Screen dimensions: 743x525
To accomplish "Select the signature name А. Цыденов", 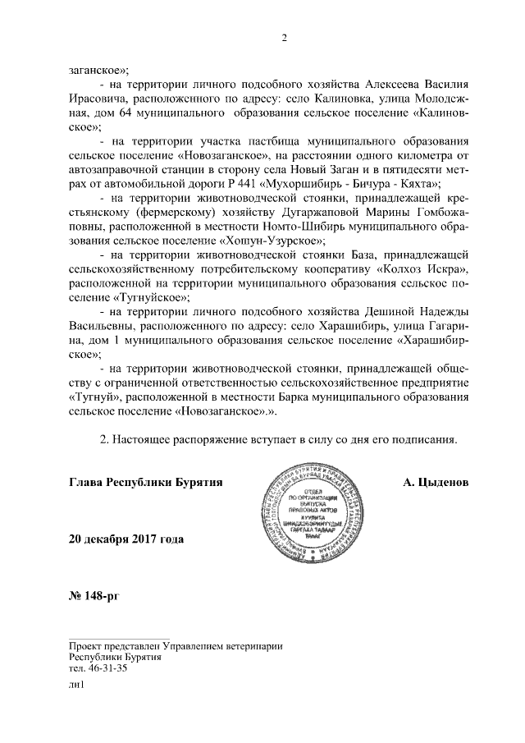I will point(436,482).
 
